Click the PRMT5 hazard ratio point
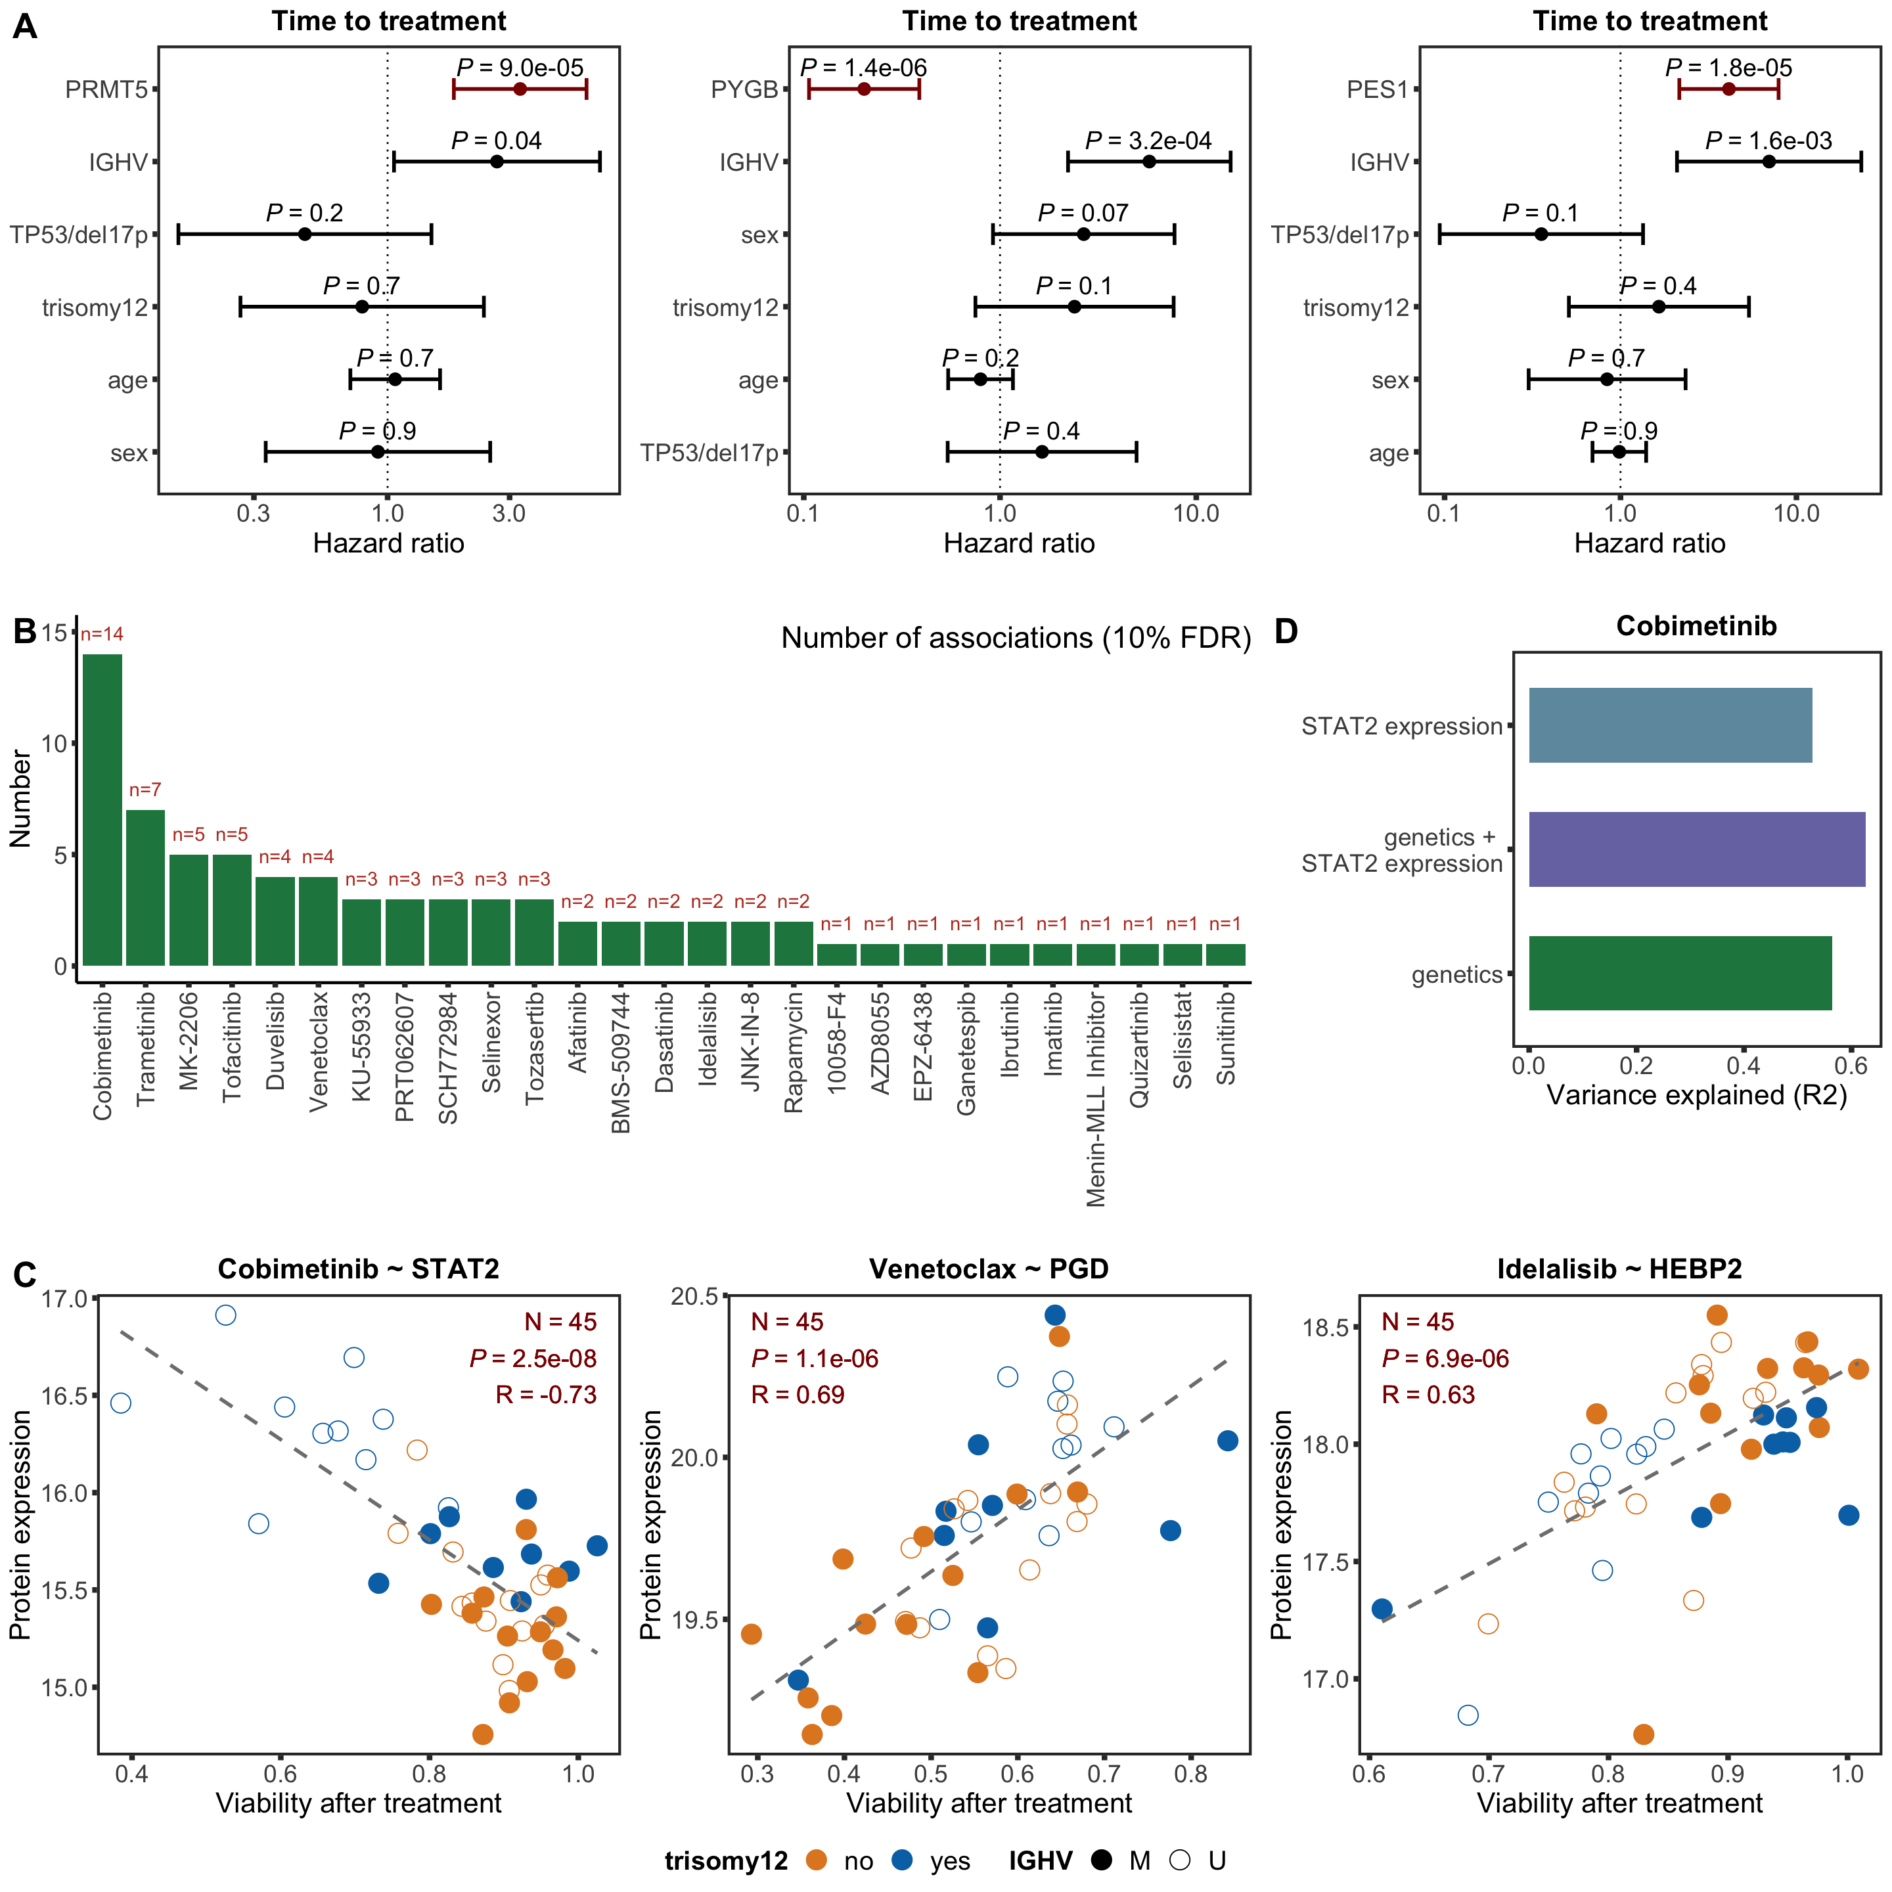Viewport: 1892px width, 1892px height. tap(520, 89)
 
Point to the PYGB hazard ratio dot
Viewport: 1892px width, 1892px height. tap(864, 89)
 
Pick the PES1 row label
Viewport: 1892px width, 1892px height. tap(1377, 90)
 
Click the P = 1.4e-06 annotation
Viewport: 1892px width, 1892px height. tap(864, 68)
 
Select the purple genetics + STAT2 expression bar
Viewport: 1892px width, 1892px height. tap(1696, 849)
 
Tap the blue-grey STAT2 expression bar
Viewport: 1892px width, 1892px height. tap(1670, 726)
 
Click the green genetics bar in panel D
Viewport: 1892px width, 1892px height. tap(1680, 974)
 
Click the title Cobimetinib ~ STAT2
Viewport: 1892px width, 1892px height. tap(359, 1269)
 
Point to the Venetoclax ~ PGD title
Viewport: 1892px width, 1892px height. tap(989, 1269)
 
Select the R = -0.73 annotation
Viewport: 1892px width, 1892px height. tap(545, 1395)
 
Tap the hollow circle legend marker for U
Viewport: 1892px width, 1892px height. tap(1180, 1860)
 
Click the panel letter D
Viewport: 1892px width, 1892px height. tap(1286, 631)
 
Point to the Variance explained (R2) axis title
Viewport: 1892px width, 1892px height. tap(1696, 1095)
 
